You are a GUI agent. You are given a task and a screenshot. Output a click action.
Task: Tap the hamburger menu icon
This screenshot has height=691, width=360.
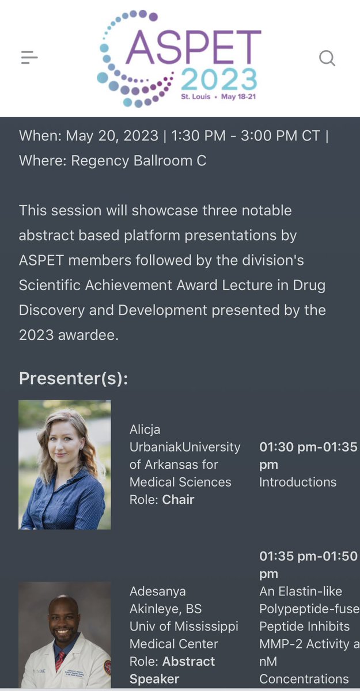(29, 57)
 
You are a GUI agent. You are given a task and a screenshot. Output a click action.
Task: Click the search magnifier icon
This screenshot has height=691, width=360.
(327, 58)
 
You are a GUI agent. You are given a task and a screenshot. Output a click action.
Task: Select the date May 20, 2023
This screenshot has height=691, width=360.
(112, 136)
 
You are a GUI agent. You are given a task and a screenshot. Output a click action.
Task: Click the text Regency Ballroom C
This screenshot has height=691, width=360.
(138, 161)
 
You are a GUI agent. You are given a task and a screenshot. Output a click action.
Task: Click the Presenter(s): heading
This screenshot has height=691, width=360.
(74, 378)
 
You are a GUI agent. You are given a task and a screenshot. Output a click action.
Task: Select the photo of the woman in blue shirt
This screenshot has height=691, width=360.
(65, 465)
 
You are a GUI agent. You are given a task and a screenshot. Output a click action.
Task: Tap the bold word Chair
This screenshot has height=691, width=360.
(178, 499)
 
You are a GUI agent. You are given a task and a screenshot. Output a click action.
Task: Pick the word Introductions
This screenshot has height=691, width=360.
(298, 482)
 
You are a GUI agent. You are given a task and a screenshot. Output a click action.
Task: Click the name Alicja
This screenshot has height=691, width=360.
(145, 430)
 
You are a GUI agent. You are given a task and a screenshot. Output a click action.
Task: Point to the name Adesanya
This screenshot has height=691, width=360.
(157, 591)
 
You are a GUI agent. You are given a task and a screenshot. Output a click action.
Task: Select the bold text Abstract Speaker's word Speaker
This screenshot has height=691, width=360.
(154, 679)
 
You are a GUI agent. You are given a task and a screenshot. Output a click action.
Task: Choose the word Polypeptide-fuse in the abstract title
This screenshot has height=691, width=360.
(308, 609)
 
